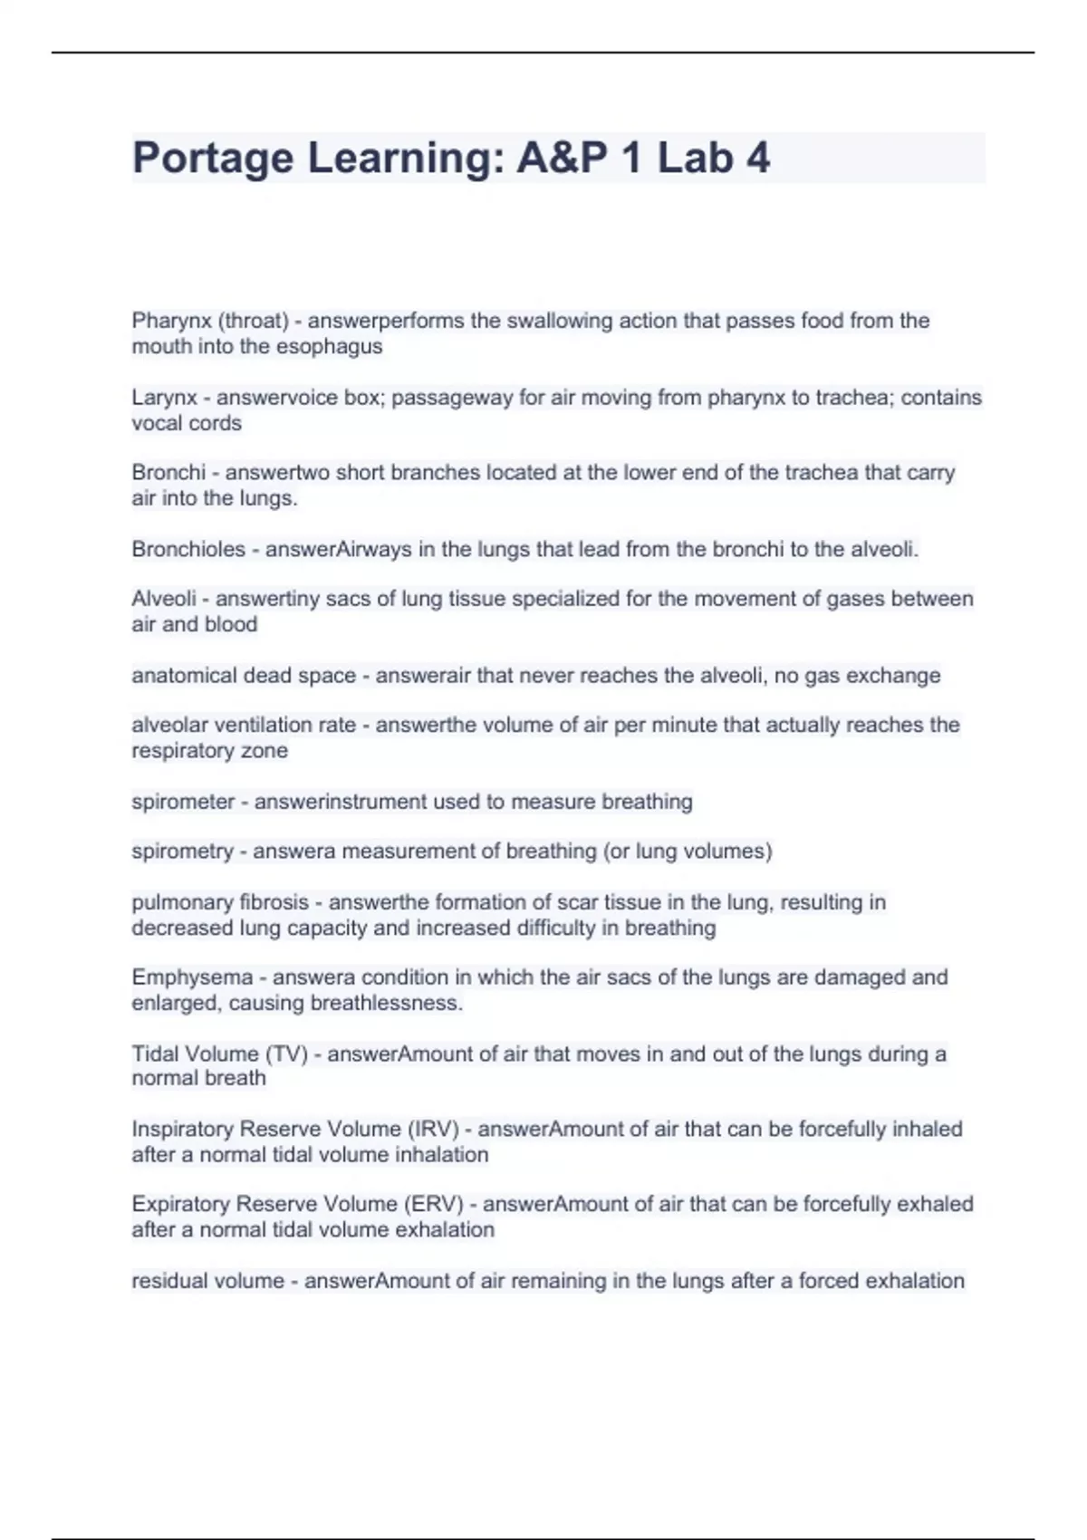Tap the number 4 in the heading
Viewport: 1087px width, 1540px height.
pyautogui.click(x=758, y=158)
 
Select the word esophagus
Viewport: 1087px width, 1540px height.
pyautogui.click(x=329, y=346)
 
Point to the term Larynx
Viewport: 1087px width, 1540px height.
pyautogui.click(x=164, y=398)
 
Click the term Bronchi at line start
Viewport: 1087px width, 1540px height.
pyautogui.click(x=168, y=473)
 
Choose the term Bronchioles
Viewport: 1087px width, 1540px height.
pyautogui.click(x=188, y=549)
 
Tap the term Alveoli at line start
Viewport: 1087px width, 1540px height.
pyautogui.click(x=164, y=599)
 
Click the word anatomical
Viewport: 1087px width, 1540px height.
pyautogui.click(x=180, y=676)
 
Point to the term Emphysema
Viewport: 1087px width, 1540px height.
pyautogui.click(x=192, y=977)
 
